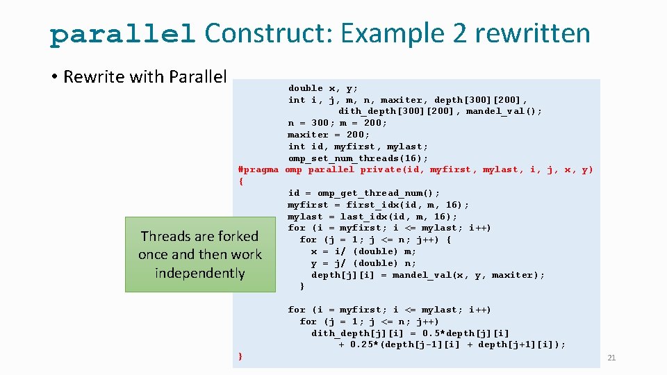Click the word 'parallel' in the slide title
(x=122, y=34)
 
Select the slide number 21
(x=611, y=358)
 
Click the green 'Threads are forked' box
(x=200, y=254)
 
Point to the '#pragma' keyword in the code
(x=258, y=169)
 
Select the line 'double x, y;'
(x=323, y=88)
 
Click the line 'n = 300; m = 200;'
(x=338, y=123)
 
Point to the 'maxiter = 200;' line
(x=329, y=135)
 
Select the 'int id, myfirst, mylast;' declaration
(x=358, y=147)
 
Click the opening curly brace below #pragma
(x=240, y=181)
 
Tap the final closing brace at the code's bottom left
(x=240, y=356)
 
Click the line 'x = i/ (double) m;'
(x=363, y=251)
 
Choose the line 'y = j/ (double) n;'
(x=363, y=263)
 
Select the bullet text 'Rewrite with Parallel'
(x=145, y=76)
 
